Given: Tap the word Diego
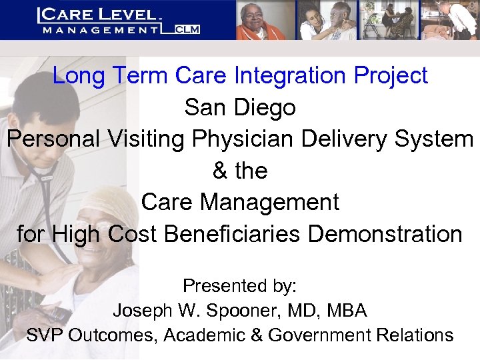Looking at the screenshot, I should [x=267, y=108].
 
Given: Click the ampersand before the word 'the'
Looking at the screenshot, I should [x=220, y=171].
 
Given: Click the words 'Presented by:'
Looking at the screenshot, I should [x=240, y=286].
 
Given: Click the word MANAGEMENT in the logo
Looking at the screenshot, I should [x=100, y=29].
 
